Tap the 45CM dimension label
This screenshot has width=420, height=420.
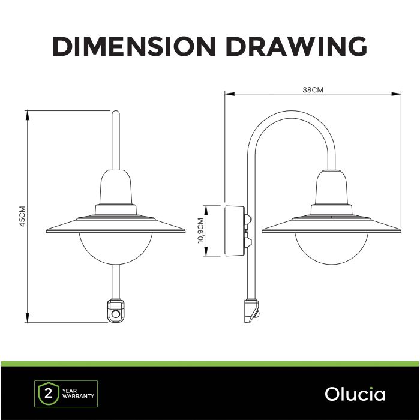23,216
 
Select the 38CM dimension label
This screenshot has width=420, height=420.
313,90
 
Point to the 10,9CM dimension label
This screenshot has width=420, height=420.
201,230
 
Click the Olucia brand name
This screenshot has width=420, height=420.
355,394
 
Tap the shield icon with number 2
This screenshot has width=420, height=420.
49,394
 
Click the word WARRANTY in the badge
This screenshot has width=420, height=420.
78,396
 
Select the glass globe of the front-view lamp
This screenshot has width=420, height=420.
115,248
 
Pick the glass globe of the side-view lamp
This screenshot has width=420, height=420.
332,248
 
